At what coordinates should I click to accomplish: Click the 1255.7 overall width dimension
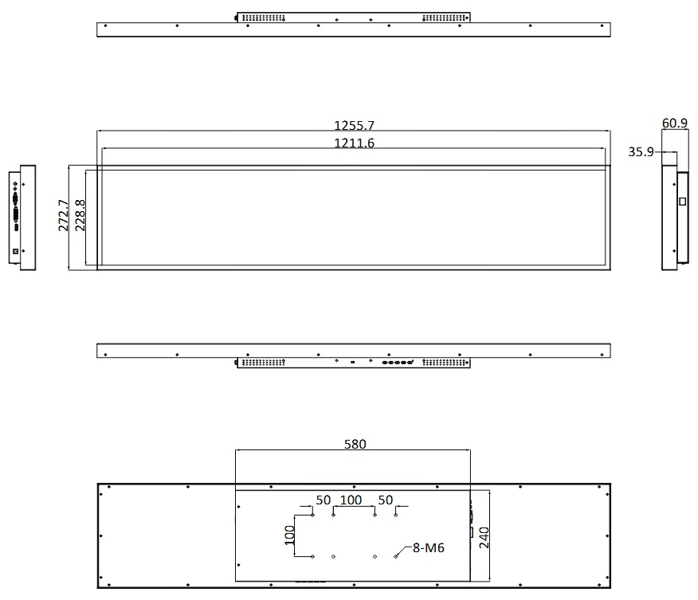point(354,125)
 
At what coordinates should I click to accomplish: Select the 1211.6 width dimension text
point(354,143)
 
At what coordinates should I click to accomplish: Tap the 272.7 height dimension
point(64,215)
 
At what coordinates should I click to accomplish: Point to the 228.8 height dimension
point(80,215)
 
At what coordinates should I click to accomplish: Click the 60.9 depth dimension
point(674,123)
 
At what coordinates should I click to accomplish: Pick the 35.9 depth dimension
point(641,151)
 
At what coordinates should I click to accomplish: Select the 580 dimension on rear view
point(355,444)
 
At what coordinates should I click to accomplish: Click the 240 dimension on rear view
point(484,538)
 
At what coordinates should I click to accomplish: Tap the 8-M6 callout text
point(428,548)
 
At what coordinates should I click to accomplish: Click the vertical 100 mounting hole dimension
point(290,535)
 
